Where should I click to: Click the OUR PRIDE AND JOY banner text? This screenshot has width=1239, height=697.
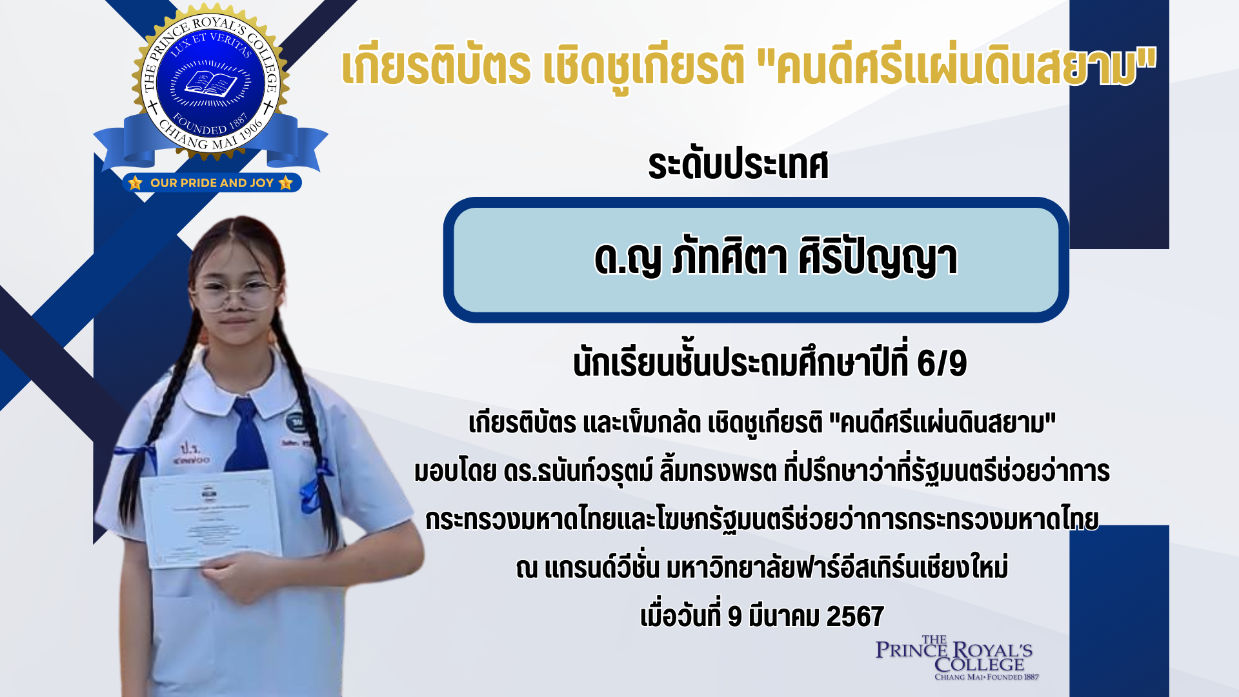[x=212, y=183]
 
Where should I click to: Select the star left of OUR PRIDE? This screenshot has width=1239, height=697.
[x=135, y=183]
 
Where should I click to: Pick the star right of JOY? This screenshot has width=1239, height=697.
[x=286, y=183]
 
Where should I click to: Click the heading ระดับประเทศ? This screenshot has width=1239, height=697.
[x=738, y=165]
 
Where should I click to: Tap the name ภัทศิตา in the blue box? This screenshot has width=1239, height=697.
[x=729, y=258]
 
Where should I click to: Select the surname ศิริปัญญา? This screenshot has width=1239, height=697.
[x=878, y=258]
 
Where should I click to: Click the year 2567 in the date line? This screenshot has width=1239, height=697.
[x=854, y=616]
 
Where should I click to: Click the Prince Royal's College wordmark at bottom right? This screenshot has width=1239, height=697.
[x=954, y=658]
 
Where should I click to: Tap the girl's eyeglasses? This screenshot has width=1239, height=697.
[x=237, y=294]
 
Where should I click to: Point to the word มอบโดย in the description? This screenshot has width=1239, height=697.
[x=455, y=471]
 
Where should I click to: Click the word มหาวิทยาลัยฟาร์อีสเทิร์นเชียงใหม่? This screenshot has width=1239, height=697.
[x=837, y=568]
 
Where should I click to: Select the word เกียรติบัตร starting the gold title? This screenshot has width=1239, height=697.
[x=436, y=66]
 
